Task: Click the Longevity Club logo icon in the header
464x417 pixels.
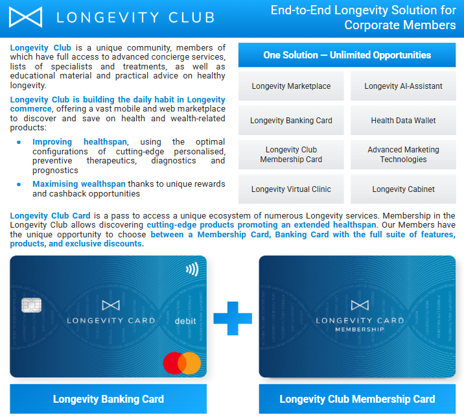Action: point(26,17)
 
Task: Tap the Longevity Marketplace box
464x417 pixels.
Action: point(291,86)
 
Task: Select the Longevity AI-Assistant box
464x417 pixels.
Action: point(403,86)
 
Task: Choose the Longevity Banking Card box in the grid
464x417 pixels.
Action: point(291,121)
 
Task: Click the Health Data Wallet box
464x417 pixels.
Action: point(403,121)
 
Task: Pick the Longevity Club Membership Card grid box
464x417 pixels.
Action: point(291,154)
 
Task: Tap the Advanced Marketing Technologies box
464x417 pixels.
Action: point(403,154)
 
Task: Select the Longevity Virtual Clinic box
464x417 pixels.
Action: point(291,189)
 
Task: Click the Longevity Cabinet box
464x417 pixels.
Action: point(403,189)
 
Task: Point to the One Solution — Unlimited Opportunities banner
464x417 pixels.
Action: point(347,55)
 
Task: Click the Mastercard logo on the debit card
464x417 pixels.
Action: point(181,363)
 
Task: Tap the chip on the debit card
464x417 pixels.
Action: point(29,305)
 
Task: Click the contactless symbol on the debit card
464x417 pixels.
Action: point(191,268)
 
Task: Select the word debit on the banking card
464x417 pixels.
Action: point(185,320)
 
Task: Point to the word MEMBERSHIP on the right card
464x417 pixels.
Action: point(359,329)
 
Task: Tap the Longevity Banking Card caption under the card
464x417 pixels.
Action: point(108,399)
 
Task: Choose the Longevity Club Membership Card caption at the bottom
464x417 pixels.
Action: point(357,399)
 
